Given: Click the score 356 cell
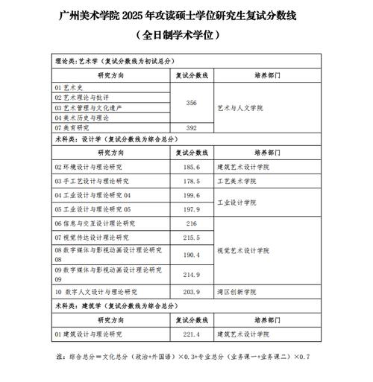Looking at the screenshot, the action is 191,103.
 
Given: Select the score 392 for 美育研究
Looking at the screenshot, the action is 191,127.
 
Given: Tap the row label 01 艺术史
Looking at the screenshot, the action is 71,87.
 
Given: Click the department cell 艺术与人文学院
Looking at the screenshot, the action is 242,108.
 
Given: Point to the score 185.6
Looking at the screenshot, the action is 192,168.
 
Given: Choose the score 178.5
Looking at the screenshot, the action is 192,181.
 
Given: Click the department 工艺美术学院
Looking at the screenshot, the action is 236,181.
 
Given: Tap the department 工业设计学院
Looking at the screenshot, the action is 236,202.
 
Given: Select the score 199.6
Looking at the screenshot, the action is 192,195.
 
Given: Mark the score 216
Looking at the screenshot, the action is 191,223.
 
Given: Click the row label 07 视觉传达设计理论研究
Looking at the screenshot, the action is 92,238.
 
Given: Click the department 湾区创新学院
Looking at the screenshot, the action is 236,292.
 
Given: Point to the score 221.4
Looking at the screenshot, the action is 192,334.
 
